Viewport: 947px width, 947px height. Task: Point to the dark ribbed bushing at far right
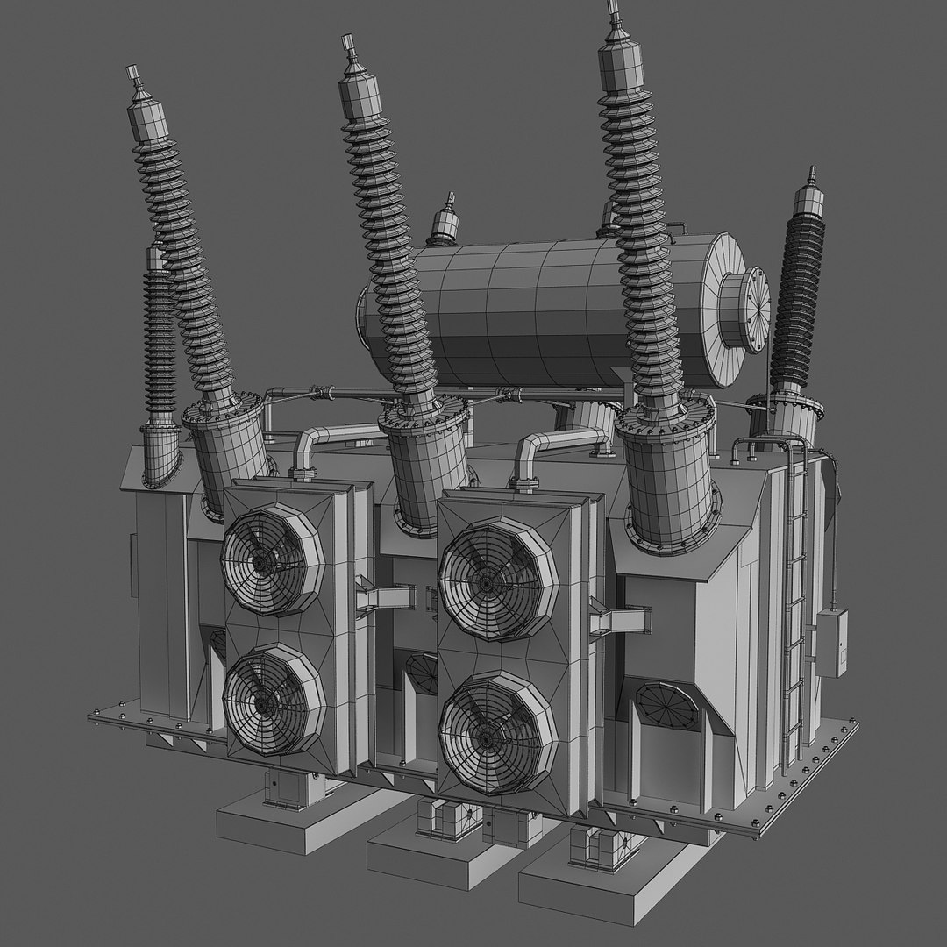798,298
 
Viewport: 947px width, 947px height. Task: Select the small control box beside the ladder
831,642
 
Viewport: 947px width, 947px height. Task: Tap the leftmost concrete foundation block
289,820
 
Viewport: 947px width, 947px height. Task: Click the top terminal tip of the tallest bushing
612,11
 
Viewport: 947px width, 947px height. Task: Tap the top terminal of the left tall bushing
133,74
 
